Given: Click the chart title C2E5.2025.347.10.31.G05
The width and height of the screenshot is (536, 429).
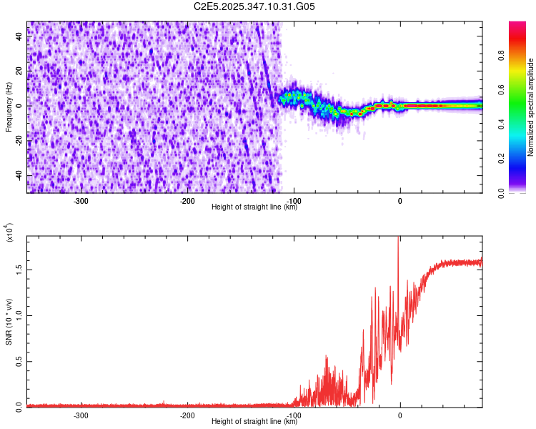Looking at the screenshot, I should pos(254,7).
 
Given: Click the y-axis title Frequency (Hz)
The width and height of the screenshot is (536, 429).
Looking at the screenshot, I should pos(9,107).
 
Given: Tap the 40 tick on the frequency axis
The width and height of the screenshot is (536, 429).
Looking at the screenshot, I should pos(20,36).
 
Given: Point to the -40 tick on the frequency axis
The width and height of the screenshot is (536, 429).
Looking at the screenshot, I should pos(19,176).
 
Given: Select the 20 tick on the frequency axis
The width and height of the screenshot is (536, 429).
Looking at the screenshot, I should pos(20,71).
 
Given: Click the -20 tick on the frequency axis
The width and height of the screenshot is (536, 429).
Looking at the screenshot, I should pos(19,141).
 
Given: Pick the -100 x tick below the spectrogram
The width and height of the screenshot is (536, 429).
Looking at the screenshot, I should pos(292,200).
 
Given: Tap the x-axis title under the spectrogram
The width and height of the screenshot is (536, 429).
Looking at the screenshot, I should pos(254,207).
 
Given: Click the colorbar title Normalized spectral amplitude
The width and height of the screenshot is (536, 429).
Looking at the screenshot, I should pos(531,107).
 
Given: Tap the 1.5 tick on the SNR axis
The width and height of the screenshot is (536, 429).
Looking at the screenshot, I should pos(19,270).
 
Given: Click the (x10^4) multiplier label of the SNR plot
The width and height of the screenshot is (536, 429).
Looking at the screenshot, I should pos(9,233).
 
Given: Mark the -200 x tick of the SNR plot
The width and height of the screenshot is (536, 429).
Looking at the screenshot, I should pos(187,415).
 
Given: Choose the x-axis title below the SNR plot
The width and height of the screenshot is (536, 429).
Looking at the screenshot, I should pos(254,422).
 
